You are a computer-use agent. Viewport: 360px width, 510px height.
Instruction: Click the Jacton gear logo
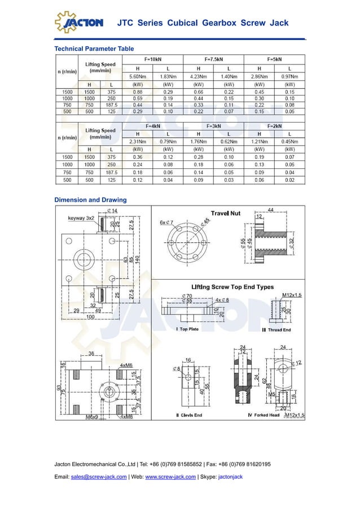coord(78,22)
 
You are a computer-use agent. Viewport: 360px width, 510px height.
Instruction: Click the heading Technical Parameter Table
coord(94,49)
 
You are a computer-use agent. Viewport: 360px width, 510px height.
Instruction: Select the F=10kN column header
coord(153,58)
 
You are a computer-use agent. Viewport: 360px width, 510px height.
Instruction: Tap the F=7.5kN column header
coord(213,58)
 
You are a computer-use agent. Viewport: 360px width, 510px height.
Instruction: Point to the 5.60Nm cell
coord(138,76)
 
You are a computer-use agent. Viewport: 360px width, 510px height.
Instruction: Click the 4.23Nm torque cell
coord(198,76)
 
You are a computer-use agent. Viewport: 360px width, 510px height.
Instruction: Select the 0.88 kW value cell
coord(138,92)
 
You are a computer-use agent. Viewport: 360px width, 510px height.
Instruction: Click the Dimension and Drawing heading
coord(90,200)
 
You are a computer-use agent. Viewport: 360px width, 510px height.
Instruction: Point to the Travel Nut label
coord(226,213)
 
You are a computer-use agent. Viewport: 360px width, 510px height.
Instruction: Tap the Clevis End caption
coord(189,415)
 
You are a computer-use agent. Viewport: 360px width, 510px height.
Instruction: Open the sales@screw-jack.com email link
coord(99,477)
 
